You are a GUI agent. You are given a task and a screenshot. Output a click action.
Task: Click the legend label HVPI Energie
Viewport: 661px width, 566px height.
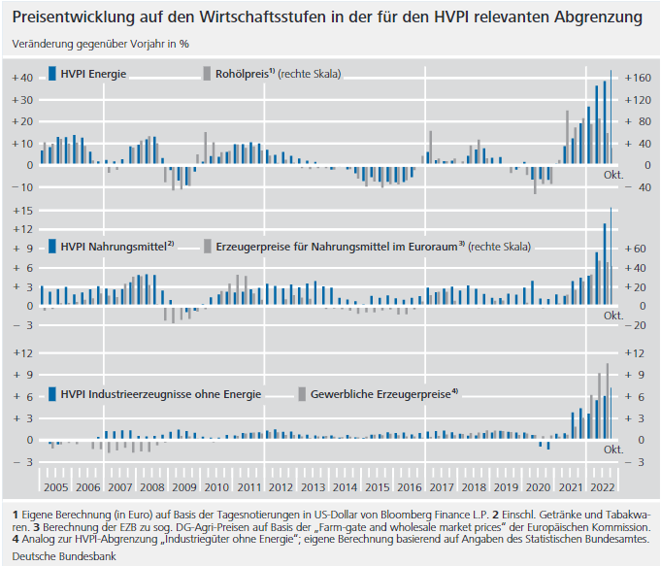pyautogui.click(x=93, y=74)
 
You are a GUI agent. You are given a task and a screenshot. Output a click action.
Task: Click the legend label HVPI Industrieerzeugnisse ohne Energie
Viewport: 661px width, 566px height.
pyautogui.click(x=160, y=394)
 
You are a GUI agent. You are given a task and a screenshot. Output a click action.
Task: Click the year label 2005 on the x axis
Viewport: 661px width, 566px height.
pyautogui.click(x=55, y=487)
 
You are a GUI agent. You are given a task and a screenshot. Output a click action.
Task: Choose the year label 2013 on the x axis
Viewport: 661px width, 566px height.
pyautogui.click(x=314, y=487)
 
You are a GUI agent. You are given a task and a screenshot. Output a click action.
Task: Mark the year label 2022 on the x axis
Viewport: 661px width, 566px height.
pyautogui.click(x=603, y=487)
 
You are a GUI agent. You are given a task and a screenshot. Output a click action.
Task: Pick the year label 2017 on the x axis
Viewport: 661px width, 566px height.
pyautogui.click(x=442, y=487)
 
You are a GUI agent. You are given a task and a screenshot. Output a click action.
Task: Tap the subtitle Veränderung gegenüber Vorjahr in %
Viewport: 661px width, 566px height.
pyautogui.click(x=101, y=44)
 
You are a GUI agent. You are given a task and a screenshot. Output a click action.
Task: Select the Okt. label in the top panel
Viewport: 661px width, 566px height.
pyautogui.click(x=612, y=175)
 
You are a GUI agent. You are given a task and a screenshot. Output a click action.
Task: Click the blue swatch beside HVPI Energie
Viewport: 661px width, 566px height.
pyautogui.click(x=50, y=74)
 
